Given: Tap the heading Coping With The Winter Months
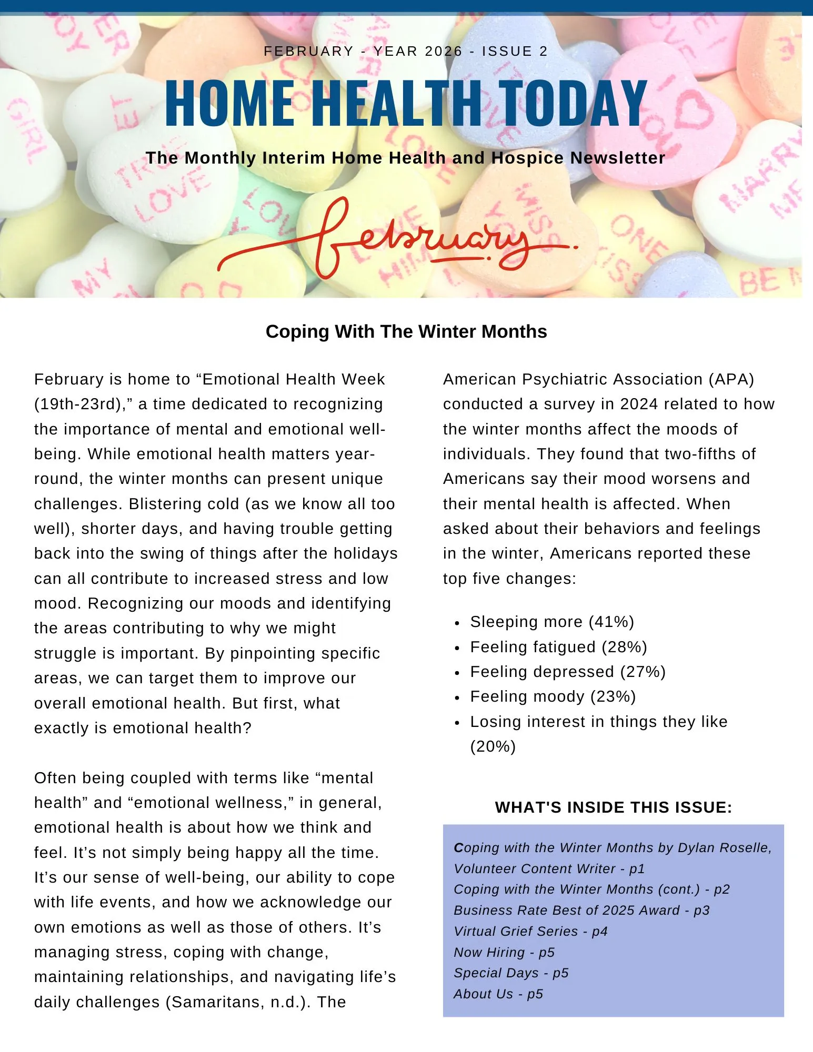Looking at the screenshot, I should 406,331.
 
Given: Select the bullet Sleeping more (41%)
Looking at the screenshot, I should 552,622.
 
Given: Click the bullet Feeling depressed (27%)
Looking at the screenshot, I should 568,672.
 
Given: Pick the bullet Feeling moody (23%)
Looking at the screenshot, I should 553,696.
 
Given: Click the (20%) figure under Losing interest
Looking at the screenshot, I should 493,746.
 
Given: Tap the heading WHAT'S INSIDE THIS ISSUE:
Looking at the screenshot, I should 614,807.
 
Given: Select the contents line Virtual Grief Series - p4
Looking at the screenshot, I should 530,932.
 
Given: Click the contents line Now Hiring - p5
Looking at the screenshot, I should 504,953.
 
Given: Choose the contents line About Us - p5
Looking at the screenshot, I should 498,994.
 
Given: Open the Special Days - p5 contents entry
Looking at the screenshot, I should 511,973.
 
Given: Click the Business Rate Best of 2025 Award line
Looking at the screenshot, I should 581,911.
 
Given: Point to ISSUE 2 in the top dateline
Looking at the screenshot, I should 515,51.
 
